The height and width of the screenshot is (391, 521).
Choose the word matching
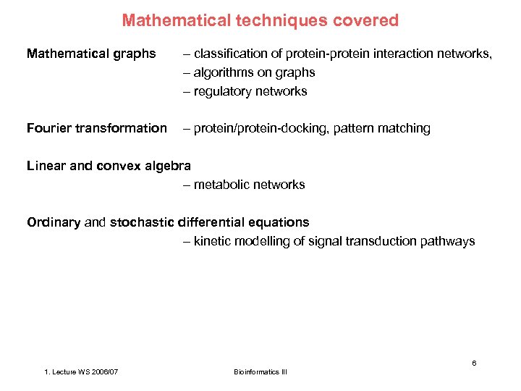click(x=405, y=128)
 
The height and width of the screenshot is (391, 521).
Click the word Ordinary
click(x=54, y=222)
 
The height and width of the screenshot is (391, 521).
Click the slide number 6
click(x=474, y=363)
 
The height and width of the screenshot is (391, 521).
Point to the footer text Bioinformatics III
click(x=260, y=372)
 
